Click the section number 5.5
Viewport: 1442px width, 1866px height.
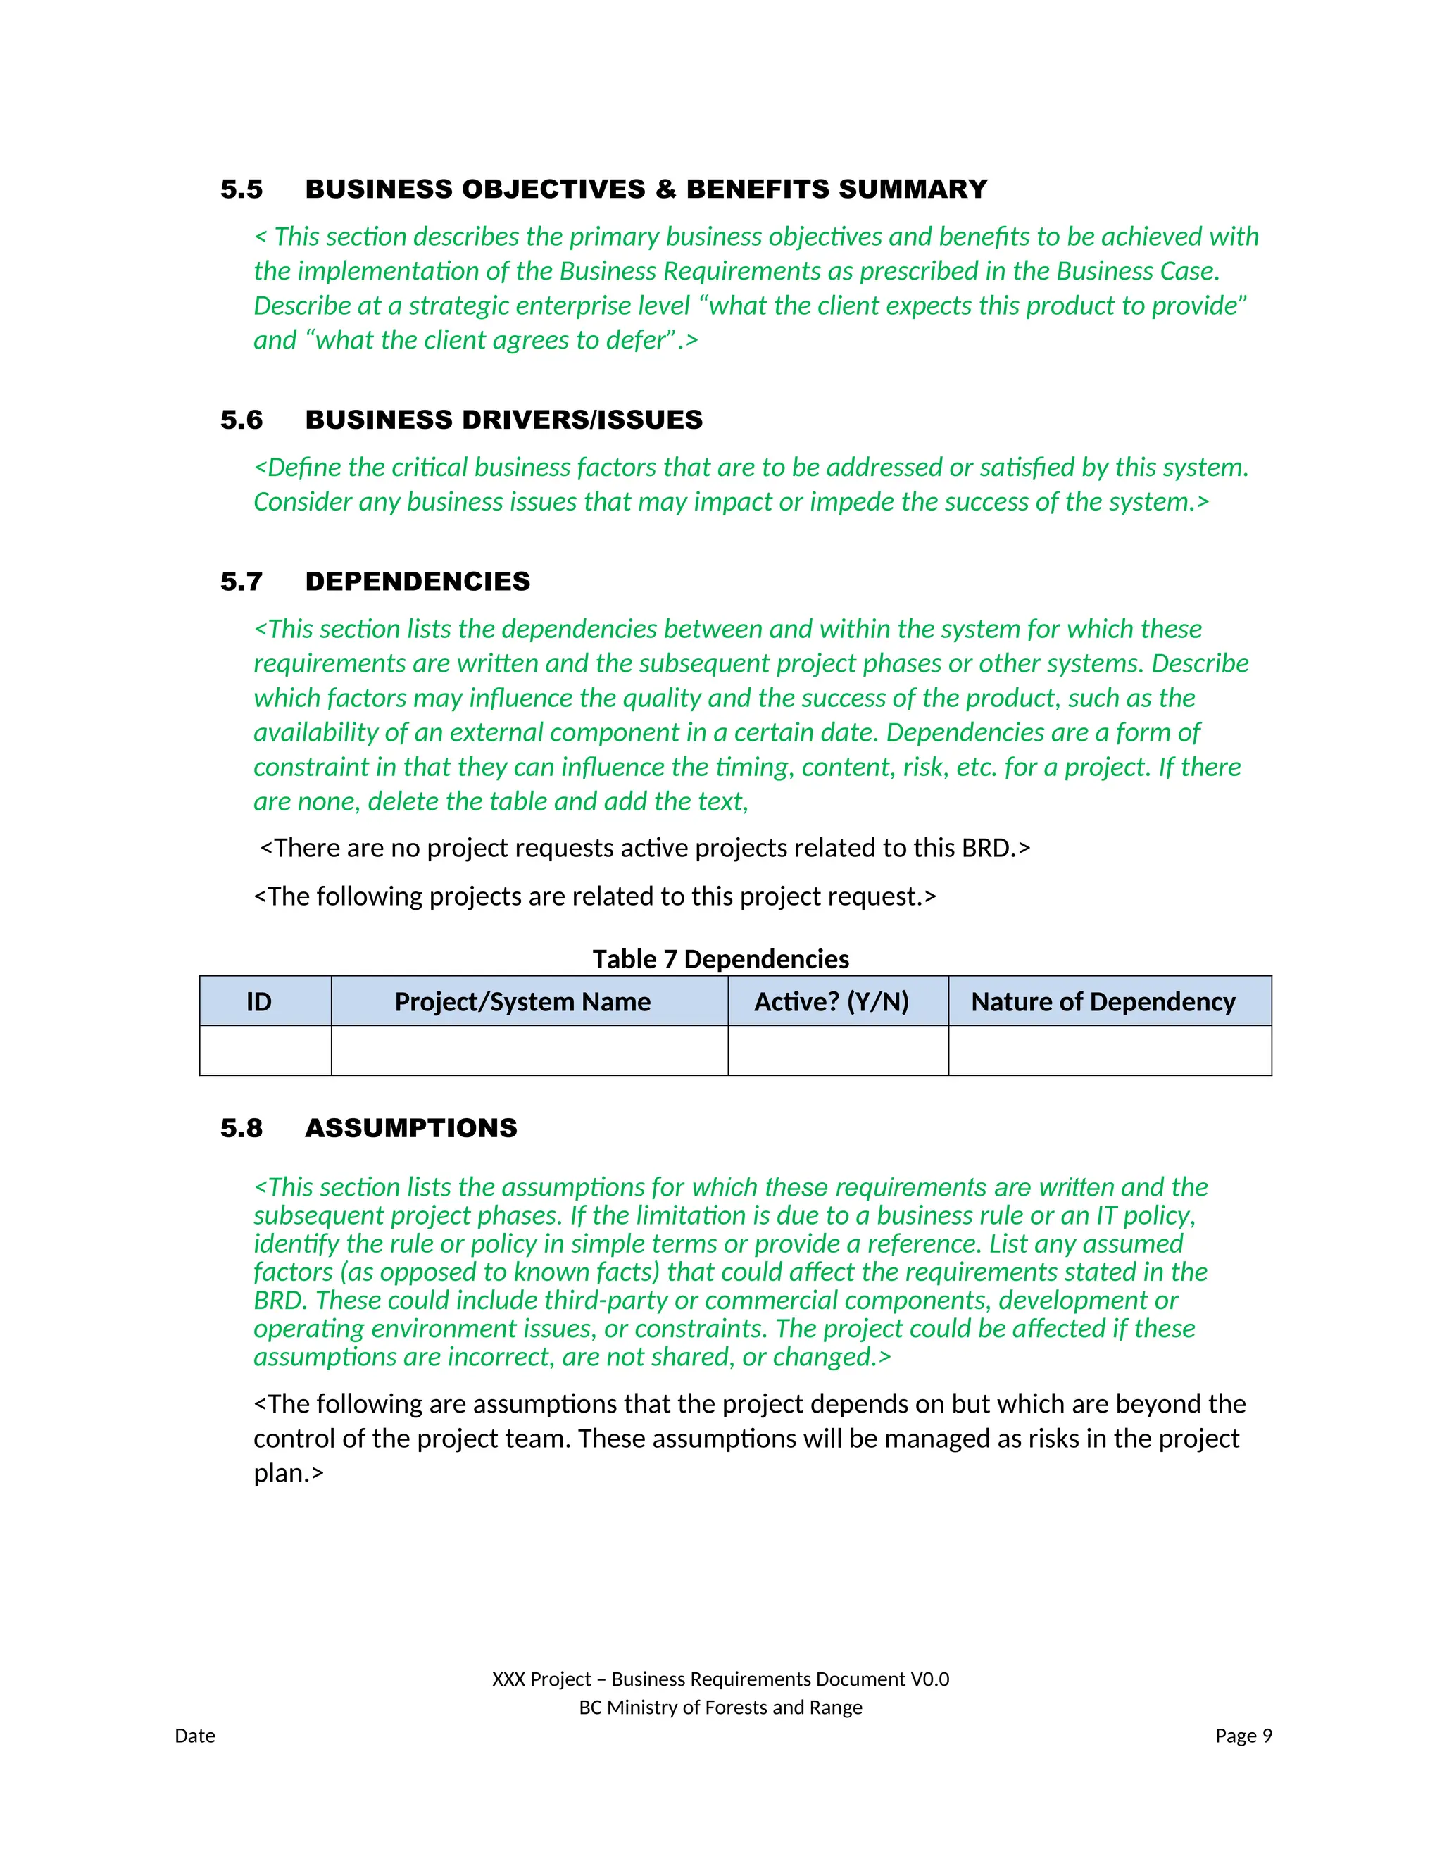(241, 189)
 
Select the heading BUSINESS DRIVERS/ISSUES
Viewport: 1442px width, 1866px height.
(503, 420)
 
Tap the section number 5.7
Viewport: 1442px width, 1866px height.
(241, 581)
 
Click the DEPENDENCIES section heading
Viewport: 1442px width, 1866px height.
(417, 581)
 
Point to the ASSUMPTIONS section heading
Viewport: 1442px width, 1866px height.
(411, 1128)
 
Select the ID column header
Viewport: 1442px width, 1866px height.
(259, 1001)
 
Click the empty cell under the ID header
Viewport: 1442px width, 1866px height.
(265, 1050)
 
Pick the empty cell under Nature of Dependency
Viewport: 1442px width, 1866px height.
(1109, 1050)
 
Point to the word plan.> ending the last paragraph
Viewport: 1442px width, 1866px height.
(289, 1473)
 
